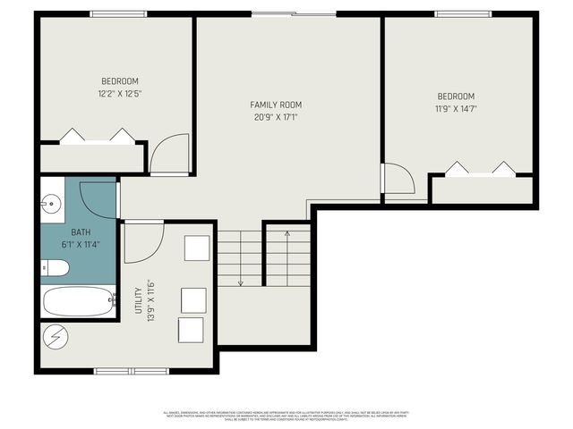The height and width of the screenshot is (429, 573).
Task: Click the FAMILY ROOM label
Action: click(276, 105)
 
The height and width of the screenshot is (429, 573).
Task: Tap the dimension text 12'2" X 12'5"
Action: click(121, 93)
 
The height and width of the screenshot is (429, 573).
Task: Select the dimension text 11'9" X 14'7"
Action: click(456, 110)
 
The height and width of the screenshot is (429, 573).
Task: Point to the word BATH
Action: click(69, 231)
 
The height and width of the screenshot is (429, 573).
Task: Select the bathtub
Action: click(79, 301)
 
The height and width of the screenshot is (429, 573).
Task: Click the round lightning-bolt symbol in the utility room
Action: click(55, 338)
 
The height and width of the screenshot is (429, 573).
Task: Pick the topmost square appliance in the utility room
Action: click(197, 248)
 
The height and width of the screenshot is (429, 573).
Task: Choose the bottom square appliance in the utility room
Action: click(191, 329)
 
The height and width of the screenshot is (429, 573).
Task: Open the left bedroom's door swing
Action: click(169, 153)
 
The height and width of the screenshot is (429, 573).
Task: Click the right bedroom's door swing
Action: click(397, 178)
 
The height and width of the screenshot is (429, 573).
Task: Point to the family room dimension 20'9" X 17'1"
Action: click(276, 116)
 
